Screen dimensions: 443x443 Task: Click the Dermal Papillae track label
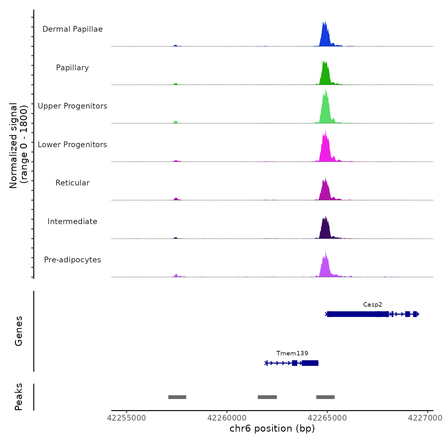pyautogui.click(x=72, y=29)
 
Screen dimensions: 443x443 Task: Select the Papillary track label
pyautogui.click(x=72, y=68)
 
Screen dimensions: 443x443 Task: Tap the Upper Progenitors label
pyautogui.click(x=72, y=106)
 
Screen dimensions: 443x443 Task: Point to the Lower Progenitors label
pyautogui.click(x=72, y=145)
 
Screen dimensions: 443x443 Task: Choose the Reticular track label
pyautogui.click(x=72, y=183)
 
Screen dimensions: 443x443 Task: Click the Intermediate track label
pyautogui.click(x=72, y=221)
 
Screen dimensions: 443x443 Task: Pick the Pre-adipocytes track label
pyautogui.click(x=72, y=260)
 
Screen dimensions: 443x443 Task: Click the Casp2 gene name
pyautogui.click(x=372, y=305)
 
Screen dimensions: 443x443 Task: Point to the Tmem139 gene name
pyautogui.click(x=292, y=353)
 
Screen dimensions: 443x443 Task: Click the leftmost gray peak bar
pyautogui.click(x=177, y=397)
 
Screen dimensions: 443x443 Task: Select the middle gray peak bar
pyautogui.click(x=267, y=397)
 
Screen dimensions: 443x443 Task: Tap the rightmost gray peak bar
pyautogui.click(x=325, y=397)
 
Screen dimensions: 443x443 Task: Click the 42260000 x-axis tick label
pyautogui.click(x=227, y=418)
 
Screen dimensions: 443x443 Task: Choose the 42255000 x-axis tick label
pyautogui.click(x=127, y=418)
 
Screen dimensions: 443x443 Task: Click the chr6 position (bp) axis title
pyautogui.click(x=272, y=428)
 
